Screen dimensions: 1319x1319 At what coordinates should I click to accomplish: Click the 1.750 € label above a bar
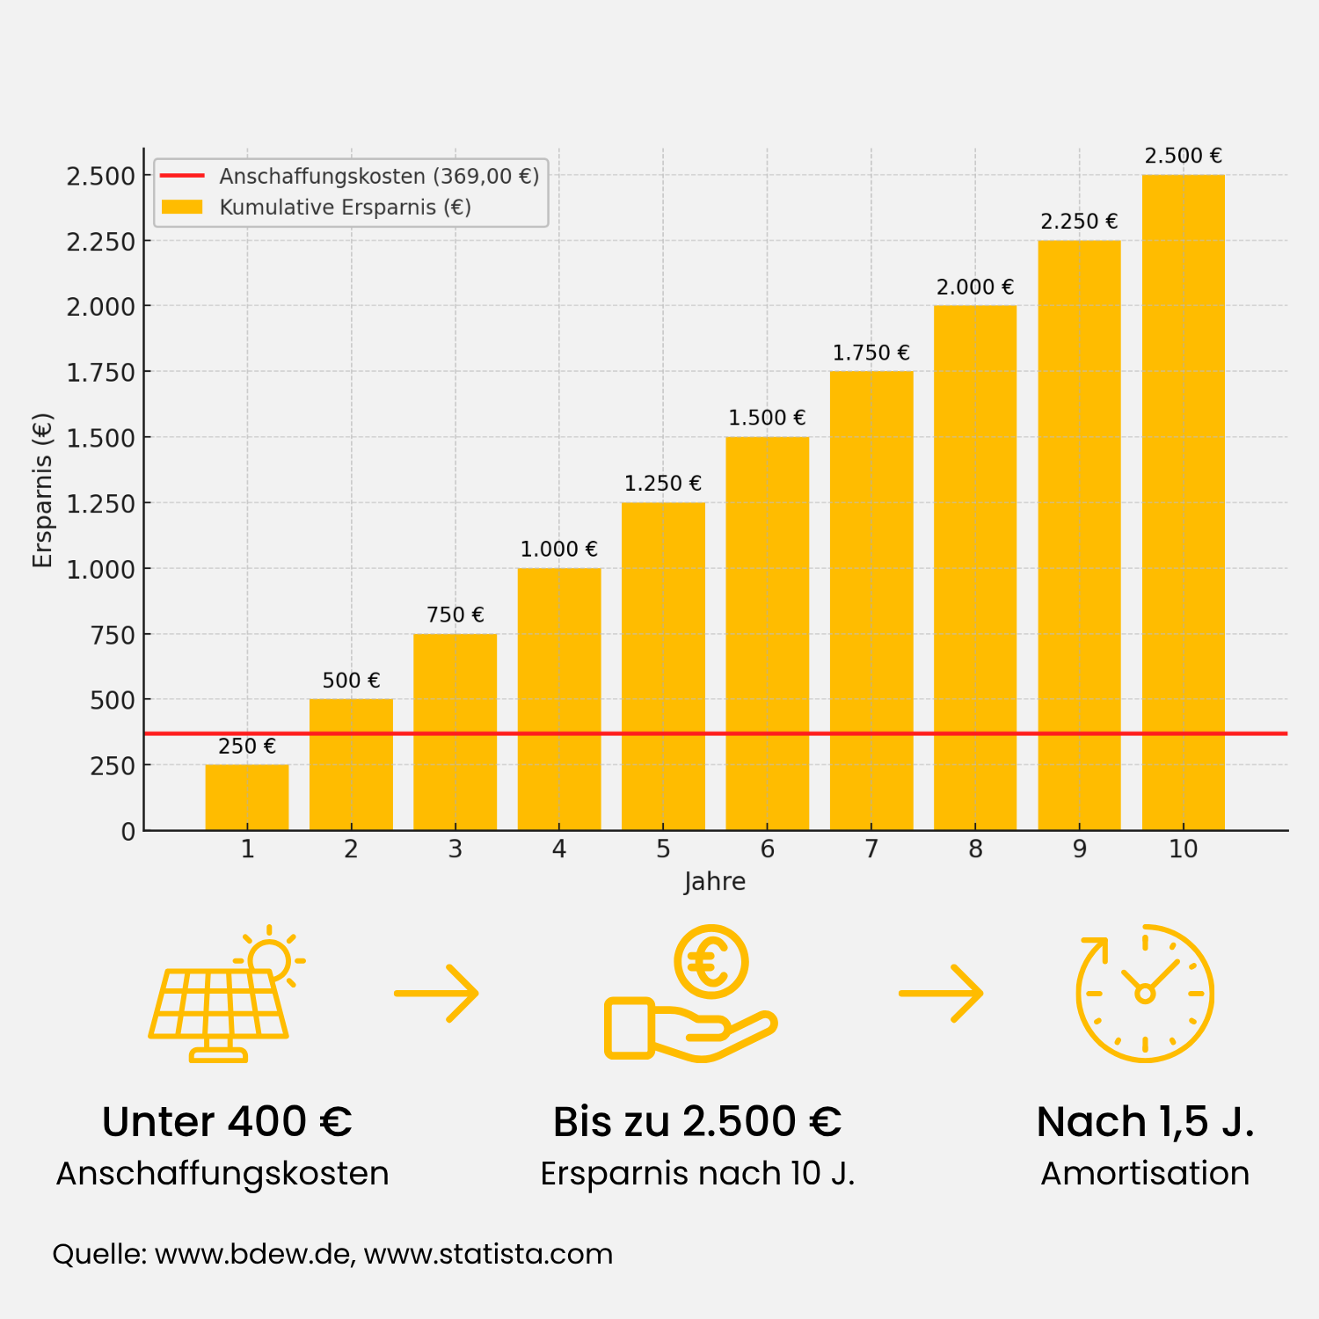tap(871, 353)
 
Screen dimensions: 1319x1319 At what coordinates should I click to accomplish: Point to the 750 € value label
tap(455, 615)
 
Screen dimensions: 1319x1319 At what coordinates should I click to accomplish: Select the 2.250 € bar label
tap(1079, 222)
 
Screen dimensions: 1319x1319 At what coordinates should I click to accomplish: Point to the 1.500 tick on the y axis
tap(101, 438)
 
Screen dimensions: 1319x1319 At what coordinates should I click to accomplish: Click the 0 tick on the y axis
tap(128, 831)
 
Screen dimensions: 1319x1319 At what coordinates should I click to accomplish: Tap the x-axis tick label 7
tap(871, 849)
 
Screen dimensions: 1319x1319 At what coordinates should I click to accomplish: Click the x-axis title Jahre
tap(714, 881)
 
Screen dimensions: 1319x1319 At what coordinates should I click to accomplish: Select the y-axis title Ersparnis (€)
tap(42, 491)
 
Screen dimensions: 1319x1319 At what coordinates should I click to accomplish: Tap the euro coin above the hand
tap(711, 962)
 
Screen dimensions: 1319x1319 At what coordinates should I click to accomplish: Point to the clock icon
tap(1145, 994)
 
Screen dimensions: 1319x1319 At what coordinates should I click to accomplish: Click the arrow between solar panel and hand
tap(436, 994)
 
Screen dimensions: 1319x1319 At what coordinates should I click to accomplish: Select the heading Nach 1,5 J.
tap(1145, 1122)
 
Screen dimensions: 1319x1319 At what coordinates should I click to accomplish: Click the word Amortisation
tap(1145, 1174)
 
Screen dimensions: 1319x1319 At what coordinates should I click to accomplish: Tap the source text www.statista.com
tap(488, 1254)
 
